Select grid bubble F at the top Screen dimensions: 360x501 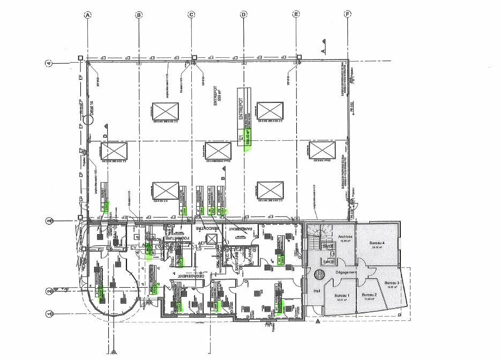point(348,15)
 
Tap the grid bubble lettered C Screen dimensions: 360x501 point(191,15)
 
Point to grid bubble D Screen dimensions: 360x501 point(243,15)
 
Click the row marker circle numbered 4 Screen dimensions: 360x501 point(49,63)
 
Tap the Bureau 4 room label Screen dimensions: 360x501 point(377,244)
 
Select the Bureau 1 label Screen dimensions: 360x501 point(341,296)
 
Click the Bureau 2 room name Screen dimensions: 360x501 point(369,296)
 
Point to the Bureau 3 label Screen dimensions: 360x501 point(392,283)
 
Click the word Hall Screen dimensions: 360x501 point(316,291)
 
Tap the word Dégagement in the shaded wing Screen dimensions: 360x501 point(346,273)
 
